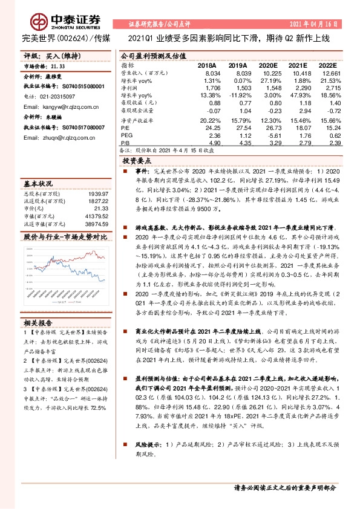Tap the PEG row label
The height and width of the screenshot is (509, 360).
tap(126, 135)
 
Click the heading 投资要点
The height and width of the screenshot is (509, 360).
tap(136, 161)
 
